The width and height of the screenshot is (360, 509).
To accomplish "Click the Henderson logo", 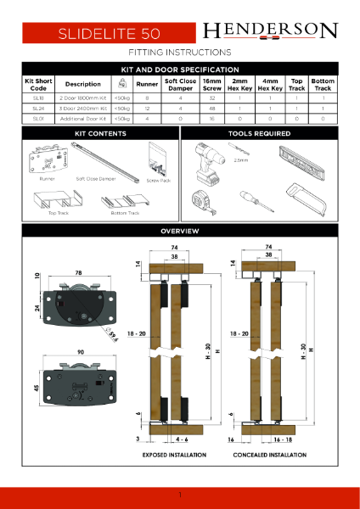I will [x=270, y=32].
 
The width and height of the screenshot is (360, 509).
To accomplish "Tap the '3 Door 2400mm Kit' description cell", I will [x=82, y=109].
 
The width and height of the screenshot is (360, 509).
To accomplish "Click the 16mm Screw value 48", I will [x=211, y=109].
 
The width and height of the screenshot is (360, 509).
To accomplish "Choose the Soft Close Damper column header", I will [x=180, y=85].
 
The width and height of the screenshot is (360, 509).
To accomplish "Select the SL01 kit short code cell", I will [x=38, y=120].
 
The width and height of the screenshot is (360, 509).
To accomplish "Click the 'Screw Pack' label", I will [x=158, y=180].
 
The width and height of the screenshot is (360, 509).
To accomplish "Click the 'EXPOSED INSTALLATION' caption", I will [x=174, y=456].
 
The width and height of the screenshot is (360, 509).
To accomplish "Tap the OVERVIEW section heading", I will [x=180, y=231].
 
